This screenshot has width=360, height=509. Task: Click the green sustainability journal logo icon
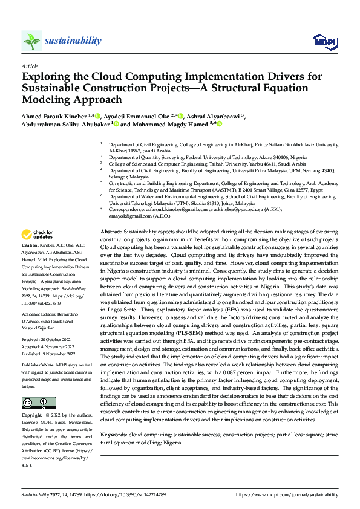tap(31, 41)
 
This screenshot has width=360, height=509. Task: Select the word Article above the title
tap(30, 66)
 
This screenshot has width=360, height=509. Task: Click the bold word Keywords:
tap(113, 434)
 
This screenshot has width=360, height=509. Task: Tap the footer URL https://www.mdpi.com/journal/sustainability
tap(287, 494)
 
